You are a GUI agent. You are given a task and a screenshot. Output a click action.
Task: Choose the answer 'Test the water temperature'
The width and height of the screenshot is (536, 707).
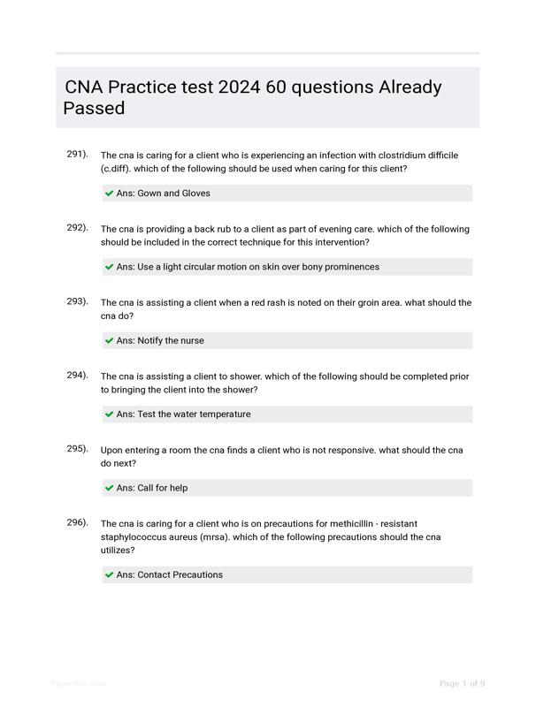click(194, 414)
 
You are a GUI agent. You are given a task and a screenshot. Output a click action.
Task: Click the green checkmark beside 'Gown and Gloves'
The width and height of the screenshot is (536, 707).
click(109, 193)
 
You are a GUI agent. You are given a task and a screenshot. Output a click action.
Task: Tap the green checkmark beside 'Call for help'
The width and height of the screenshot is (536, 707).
click(109, 488)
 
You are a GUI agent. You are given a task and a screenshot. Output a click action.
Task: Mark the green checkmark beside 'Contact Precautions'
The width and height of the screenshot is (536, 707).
click(109, 574)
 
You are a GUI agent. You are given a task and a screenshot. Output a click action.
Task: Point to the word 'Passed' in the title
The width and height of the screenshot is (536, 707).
click(94, 109)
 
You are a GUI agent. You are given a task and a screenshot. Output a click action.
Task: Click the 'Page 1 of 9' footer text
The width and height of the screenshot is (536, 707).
click(462, 683)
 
